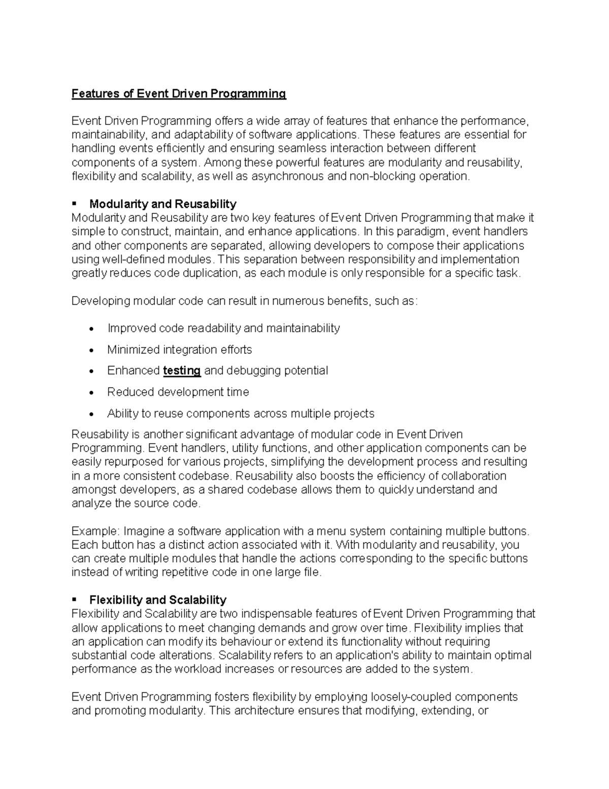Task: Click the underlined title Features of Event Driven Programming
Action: (x=179, y=94)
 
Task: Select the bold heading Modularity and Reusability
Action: (x=162, y=204)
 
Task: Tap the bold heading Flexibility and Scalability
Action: (x=157, y=600)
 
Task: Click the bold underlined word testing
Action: (x=182, y=371)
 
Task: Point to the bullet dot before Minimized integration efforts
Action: (x=91, y=351)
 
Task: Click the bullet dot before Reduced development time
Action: (x=91, y=393)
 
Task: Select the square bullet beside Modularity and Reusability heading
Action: (x=74, y=204)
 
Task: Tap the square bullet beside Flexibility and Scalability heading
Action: (x=74, y=599)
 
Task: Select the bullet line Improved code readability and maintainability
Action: (x=223, y=329)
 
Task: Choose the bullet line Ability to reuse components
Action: (x=241, y=414)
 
